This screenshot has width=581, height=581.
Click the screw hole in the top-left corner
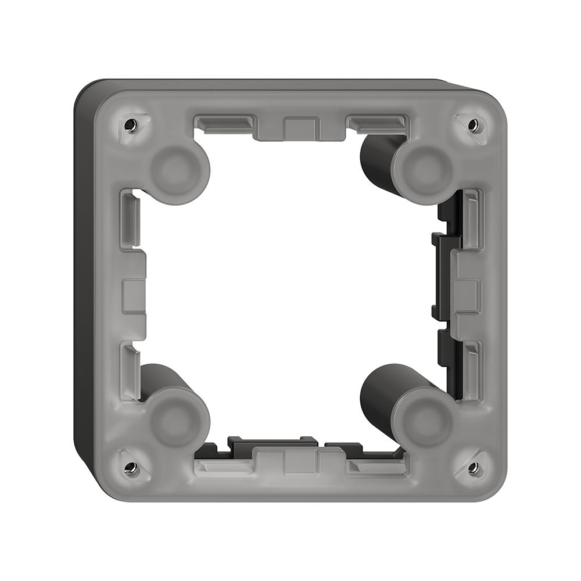pyautogui.click(x=131, y=124)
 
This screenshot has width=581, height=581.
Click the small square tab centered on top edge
pyautogui.click(x=302, y=127)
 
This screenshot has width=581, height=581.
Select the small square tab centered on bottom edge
pyautogui.click(x=302, y=464)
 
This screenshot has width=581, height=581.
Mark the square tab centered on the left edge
pyautogui.click(x=134, y=296)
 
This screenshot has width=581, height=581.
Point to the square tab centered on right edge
pyautogui.click(x=468, y=296)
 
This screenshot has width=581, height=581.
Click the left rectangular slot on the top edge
pyautogui.click(x=224, y=123)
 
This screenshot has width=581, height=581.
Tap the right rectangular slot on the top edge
pyautogui.click(x=378, y=123)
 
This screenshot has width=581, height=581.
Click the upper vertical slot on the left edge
pyautogui.click(x=130, y=218)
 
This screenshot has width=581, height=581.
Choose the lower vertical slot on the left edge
pyautogui.click(x=130, y=372)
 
